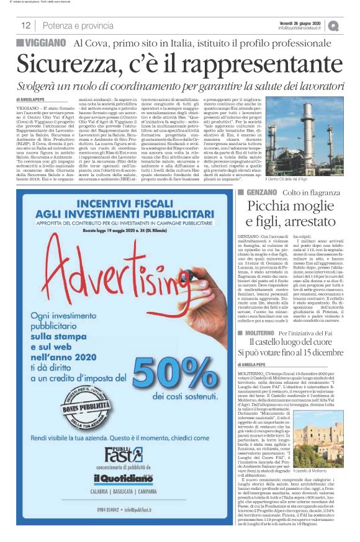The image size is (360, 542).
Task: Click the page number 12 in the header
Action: [26, 25]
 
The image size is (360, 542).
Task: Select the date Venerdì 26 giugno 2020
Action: [299, 22]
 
